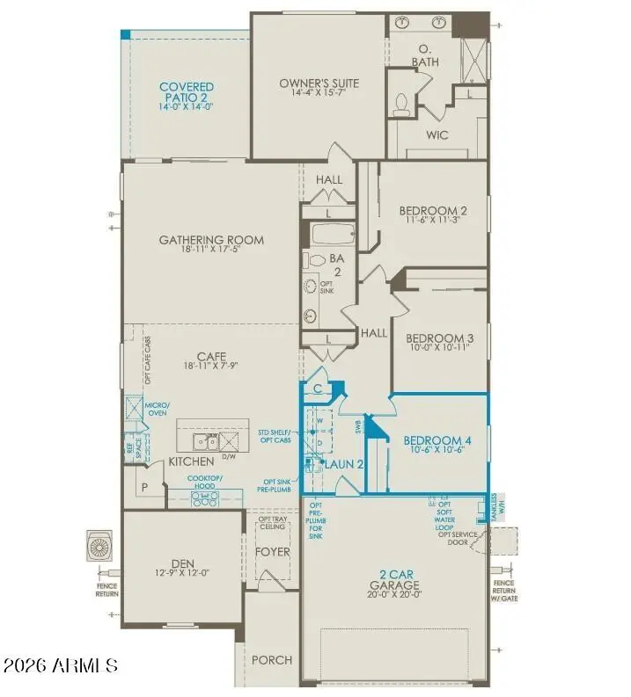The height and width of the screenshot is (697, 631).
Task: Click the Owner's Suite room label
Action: pyautogui.click(x=319, y=83)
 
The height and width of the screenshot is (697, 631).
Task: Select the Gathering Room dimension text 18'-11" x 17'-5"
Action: pyautogui.click(x=211, y=250)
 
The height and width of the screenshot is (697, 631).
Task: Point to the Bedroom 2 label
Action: pyautogui.click(x=432, y=211)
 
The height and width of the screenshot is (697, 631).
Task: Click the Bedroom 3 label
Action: pyautogui.click(x=439, y=338)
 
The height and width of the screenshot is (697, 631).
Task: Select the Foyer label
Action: pyautogui.click(x=272, y=553)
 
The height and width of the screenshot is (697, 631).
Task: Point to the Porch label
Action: pyautogui.click(x=272, y=660)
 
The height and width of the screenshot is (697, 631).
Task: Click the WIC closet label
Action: pyautogui.click(x=438, y=136)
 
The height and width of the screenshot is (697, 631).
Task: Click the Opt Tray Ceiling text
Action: pyautogui.click(x=272, y=525)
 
